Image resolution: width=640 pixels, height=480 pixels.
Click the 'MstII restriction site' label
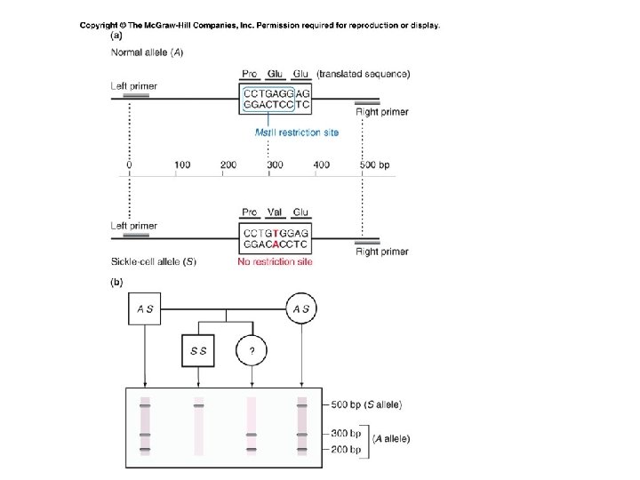click(x=296, y=133)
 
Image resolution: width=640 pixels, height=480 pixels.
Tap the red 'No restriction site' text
click(x=275, y=262)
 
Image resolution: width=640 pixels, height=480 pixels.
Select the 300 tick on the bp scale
click(x=275, y=164)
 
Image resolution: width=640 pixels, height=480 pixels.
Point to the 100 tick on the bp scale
click(x=182, y=164)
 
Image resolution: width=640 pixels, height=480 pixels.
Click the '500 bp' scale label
click(x=374, y=164)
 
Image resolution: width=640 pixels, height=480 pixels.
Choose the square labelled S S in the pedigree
click(x=199, y=351)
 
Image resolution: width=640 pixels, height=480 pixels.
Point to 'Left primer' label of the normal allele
click(x=133, y=86)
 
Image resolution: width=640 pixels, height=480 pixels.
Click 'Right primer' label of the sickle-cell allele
click(x=382, y=252)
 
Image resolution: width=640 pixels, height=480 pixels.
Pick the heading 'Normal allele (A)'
click(x=148, y=52)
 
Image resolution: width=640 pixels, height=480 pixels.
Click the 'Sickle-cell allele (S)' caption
click(x=153, y=262)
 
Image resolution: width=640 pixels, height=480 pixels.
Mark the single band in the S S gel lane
click(x=198, y=406)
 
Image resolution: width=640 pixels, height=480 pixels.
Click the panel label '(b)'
click(x=116, y=283)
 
